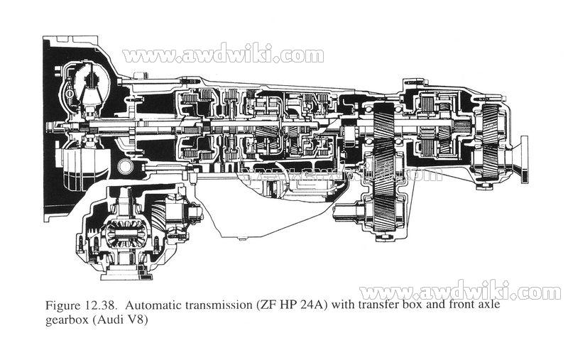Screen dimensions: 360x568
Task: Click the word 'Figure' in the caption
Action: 62,307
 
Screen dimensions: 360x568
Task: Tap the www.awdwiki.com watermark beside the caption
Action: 460,292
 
